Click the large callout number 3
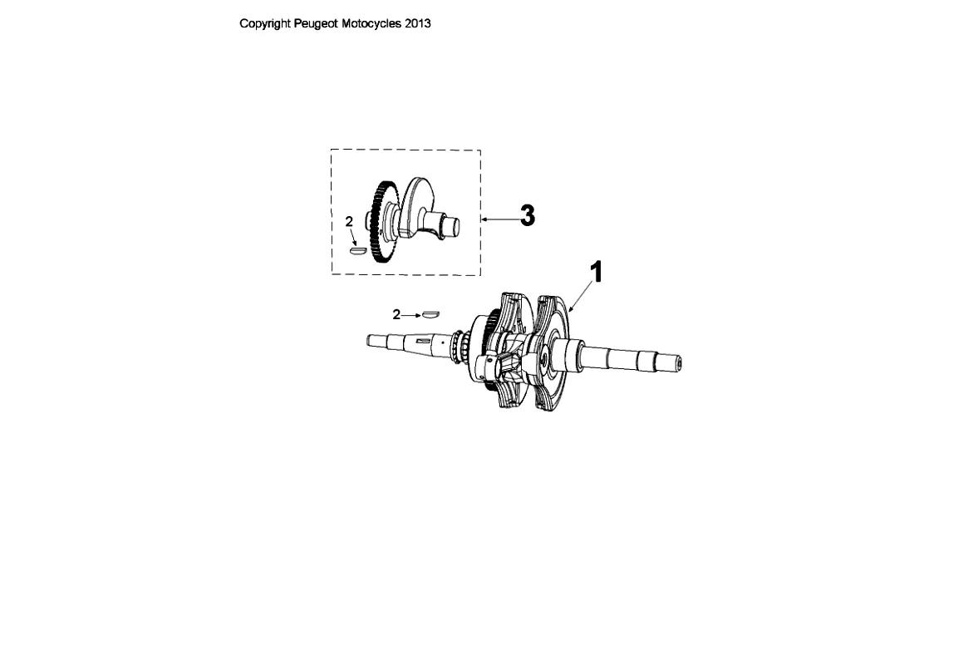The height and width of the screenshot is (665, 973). coord(527,216)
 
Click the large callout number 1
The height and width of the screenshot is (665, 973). coord(595,272)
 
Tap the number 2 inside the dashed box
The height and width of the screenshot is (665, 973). coord(349,221)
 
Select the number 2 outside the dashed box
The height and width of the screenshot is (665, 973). coord(396,314)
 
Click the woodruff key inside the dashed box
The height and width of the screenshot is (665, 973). coord(357,248)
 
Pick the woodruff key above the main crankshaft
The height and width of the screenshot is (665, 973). coord(430,313)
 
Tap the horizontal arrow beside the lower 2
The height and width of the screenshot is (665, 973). coord(410,314)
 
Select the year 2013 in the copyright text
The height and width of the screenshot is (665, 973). coord(418,23)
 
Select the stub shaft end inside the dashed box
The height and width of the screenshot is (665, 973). coord(454,223)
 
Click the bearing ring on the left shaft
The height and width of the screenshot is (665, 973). coord(456,347)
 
